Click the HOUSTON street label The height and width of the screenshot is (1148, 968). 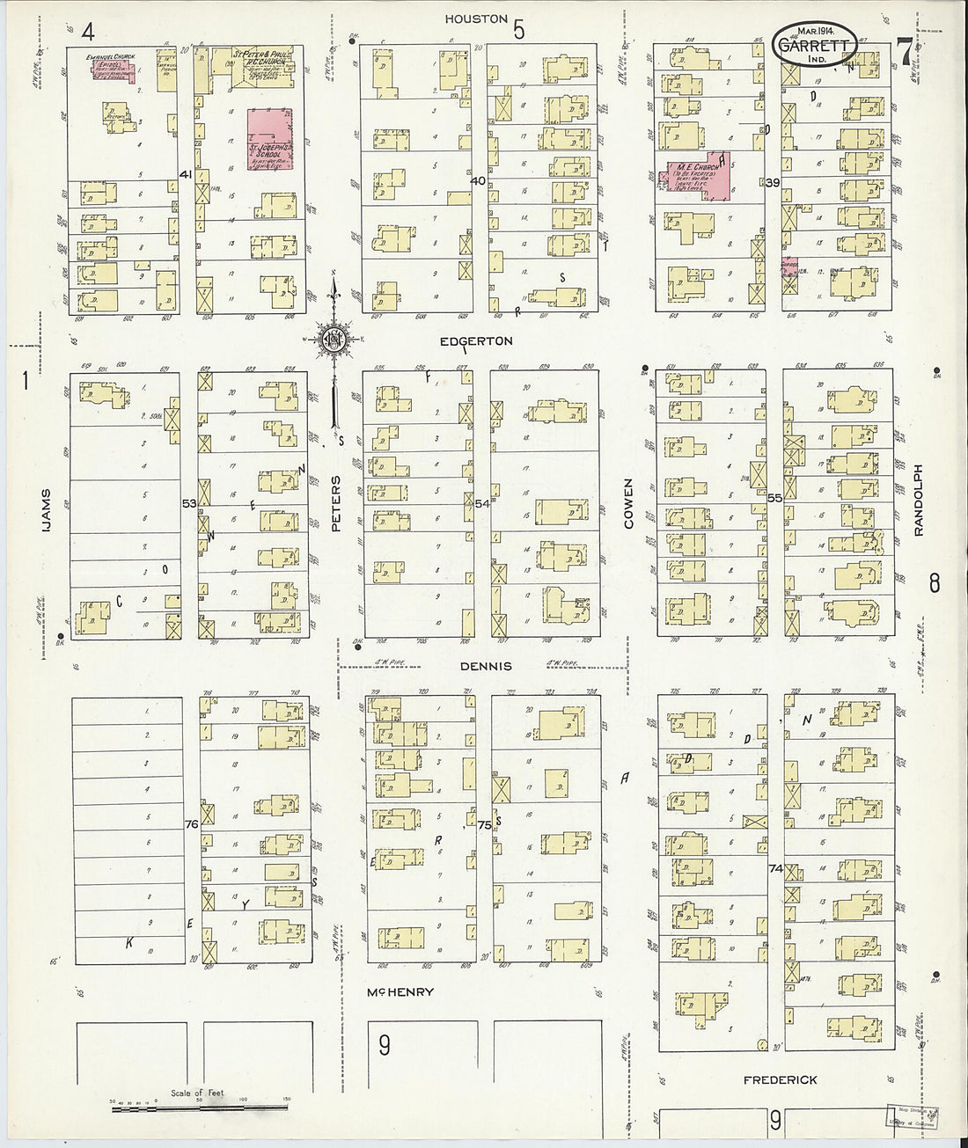[476, 18]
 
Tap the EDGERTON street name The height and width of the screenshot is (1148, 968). [479, 340]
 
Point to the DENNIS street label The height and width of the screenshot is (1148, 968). [486, 666]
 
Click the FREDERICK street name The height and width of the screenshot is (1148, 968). [780, 1079]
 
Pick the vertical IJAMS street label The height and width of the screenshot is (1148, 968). [46, 512]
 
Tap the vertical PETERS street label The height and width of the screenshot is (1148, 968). [335, 503]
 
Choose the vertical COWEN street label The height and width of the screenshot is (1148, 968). [628, 503]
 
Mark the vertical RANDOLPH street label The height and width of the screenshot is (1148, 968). [917, 501]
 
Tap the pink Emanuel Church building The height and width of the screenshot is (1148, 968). [112, 69]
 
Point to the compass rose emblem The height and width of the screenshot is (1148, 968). [334, 339]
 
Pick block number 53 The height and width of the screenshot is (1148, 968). [189, 503]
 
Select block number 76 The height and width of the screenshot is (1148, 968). [192, 824]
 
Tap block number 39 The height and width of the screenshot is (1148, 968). [774, 182]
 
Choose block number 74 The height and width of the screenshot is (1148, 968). [775, 868]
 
